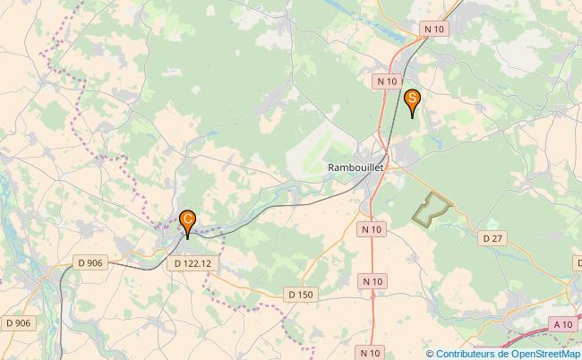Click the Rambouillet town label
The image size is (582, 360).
355,167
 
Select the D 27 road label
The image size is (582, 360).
492,238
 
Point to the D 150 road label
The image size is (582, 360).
300,294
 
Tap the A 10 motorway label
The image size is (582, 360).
562,324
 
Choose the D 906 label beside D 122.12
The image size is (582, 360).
90,261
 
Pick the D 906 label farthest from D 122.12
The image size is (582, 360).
18,322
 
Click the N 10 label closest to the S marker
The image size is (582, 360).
387,81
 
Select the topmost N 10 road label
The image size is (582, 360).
434,29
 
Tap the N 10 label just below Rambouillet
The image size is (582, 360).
372,229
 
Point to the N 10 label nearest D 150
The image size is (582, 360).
373,281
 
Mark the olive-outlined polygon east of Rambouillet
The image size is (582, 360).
431,208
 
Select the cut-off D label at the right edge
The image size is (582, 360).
578,261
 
